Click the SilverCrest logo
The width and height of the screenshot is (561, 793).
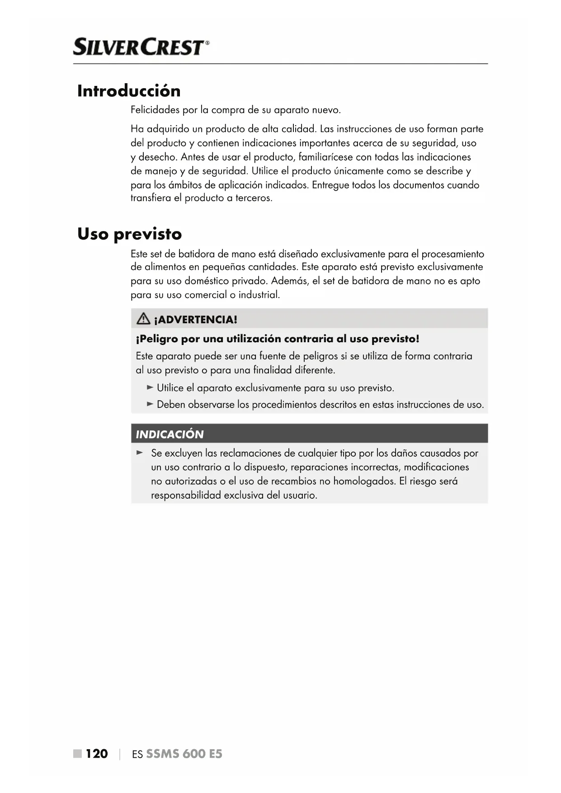(x=141, y=47)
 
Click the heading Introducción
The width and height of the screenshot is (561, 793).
(x=129, y=91)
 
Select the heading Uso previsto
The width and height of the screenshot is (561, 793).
(x=129, y=234)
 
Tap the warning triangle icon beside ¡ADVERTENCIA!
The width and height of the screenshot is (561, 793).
(x=143, y=319)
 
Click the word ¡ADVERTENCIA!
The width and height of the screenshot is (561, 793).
(x=195, y=320)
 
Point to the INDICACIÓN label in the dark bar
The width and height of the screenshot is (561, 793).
(x=170, y=434)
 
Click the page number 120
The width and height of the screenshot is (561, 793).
(x=97, y=754)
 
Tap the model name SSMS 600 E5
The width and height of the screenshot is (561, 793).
(x=184, y=754)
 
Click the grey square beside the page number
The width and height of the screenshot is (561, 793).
(x=78, y=753)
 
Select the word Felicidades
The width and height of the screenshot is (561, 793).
(x=155, y=110)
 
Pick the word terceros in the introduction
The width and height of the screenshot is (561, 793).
(x=254, y=198)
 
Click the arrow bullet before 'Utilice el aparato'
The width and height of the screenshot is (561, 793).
(x=151, y=387)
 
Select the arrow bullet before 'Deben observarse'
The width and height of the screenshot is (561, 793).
(x=151, y=404)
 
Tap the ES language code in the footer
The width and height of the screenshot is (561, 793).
(x=137, y=754)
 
